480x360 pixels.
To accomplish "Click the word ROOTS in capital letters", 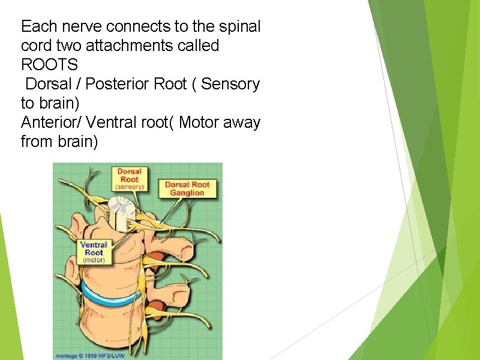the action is [49, 65].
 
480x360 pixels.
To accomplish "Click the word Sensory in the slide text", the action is [230, 84].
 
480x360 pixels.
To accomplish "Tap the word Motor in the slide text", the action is [203, 123].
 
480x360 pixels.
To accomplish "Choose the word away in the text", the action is [243, 123].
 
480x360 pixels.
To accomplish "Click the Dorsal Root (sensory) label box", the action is [129, 179].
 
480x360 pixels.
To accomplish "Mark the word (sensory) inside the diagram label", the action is [129, 187].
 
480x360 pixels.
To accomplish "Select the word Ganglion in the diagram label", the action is [188, 193].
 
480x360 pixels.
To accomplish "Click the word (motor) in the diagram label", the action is [94, 260].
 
